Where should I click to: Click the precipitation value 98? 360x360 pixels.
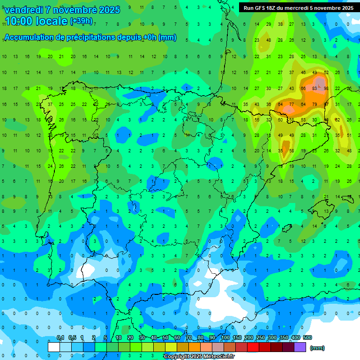326,88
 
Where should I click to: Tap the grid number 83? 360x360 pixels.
314,88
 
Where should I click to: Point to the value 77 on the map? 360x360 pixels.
291,104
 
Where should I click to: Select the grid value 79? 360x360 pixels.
314,104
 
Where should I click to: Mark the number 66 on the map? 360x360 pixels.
303,88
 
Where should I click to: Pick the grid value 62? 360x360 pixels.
337,120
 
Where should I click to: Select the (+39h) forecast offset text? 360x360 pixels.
81,21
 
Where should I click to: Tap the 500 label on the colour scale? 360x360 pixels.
307,337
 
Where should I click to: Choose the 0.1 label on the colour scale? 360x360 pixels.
60,337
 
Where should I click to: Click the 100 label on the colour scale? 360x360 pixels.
225,337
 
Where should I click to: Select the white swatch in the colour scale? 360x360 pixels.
54,347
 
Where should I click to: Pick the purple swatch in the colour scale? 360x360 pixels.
300,347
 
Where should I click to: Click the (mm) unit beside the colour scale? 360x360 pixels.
317,348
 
